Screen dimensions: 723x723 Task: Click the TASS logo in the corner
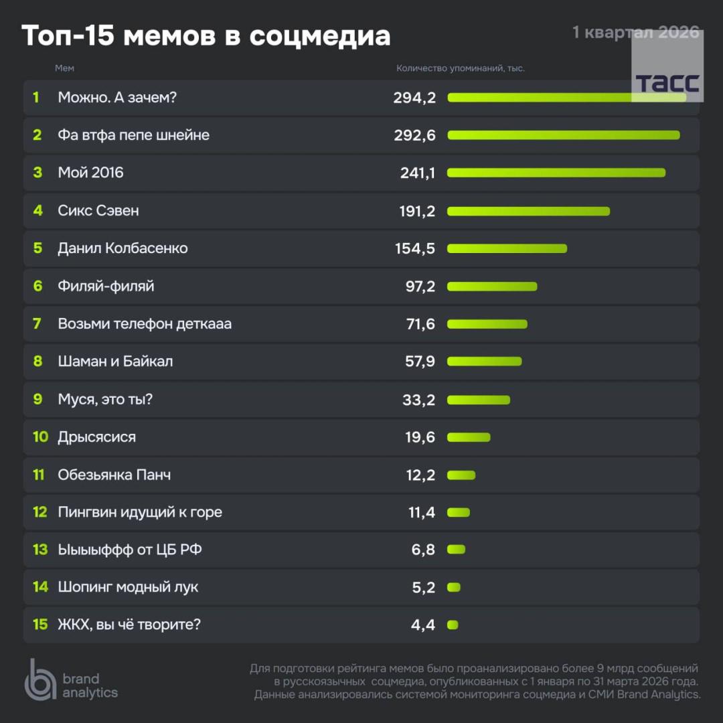pos(667,82)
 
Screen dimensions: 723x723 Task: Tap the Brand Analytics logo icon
pos(40,679)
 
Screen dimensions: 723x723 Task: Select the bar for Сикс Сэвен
pos(528,212)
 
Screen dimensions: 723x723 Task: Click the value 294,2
pos(414,98)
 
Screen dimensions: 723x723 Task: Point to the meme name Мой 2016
pos(90,173)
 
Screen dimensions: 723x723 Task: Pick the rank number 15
pos(40,625)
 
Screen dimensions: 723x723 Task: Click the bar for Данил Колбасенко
pos(507,249)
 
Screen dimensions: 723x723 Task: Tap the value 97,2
pos(420,287)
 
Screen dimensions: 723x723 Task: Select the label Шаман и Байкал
pos(115,361)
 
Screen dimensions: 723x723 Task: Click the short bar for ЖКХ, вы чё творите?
pos(453,625)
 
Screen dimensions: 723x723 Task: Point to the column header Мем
pos(64,68)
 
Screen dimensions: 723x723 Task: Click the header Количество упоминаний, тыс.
pos(461,68)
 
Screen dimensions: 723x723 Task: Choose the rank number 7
pos(37,324)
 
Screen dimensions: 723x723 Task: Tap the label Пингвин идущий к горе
pos(140,512)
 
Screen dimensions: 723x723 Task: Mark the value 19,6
pos(420,437)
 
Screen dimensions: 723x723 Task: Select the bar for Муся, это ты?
pos(478,400)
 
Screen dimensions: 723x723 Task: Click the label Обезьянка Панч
pos(114,475)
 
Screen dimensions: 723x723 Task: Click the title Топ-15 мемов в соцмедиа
pos(206,36)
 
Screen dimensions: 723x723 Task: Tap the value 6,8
pos(423,550)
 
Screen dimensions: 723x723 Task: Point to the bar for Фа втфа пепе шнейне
pos(563,135)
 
